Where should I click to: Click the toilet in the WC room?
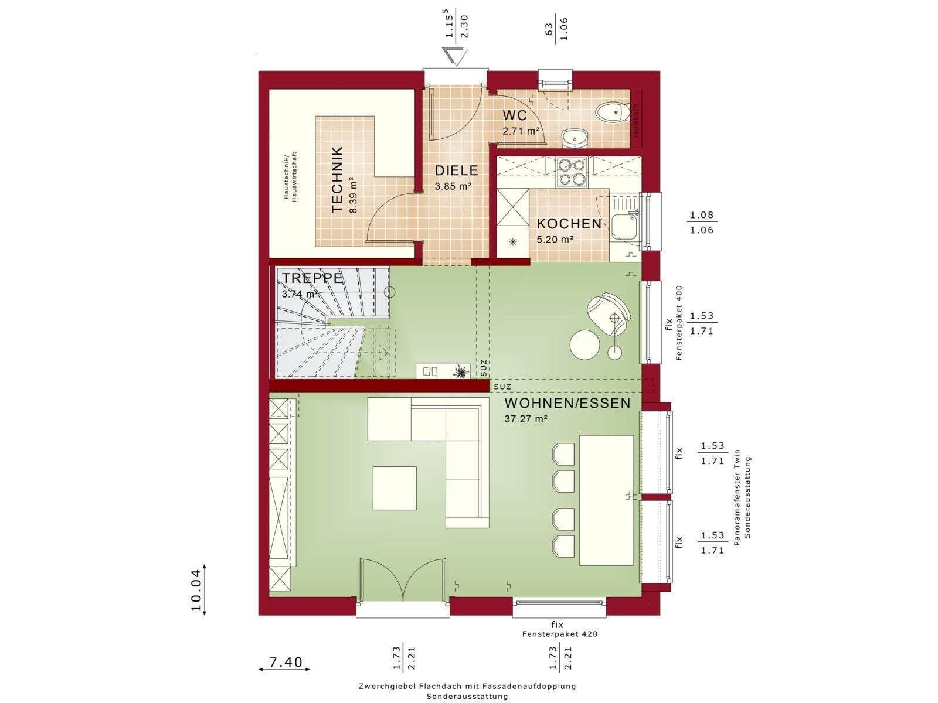pos(613,112)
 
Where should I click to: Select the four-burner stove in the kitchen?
pos(572,172)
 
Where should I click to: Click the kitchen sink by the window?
pos(625,223)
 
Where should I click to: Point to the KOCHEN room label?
pos(569,224)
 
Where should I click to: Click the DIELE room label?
pos(456,170)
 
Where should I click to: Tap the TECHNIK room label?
pos(337,179)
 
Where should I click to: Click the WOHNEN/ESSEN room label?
pos(567,403)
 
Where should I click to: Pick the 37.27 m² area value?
pos(526,419)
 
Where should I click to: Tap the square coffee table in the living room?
pos(395,488)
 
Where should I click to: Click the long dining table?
pos(606,500)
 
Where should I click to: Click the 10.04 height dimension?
pos(197,591)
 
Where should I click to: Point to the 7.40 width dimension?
pos(285,663)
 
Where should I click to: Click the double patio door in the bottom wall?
pos(403,581)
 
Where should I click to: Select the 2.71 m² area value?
pos(521,131)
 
